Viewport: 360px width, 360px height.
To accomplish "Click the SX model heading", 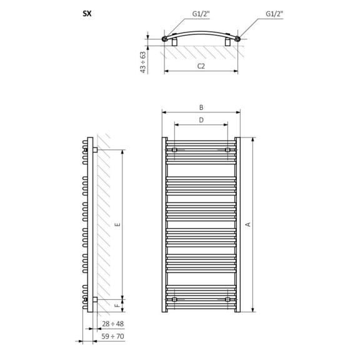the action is [87, 14].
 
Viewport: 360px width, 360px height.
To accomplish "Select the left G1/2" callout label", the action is [201, 14].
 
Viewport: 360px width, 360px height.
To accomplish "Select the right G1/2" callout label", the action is [274, 14].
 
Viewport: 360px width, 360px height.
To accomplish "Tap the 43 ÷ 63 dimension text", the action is [143, 62].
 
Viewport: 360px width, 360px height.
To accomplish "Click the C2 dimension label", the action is [201, 66].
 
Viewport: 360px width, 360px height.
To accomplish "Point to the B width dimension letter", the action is [201, 107].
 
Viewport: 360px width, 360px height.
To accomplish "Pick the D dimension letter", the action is [201, 120].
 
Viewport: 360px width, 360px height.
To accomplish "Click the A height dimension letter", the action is [248, 224].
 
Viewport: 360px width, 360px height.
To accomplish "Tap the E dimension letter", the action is [117, 224].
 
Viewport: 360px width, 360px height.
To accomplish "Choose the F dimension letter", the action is [117, 306].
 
